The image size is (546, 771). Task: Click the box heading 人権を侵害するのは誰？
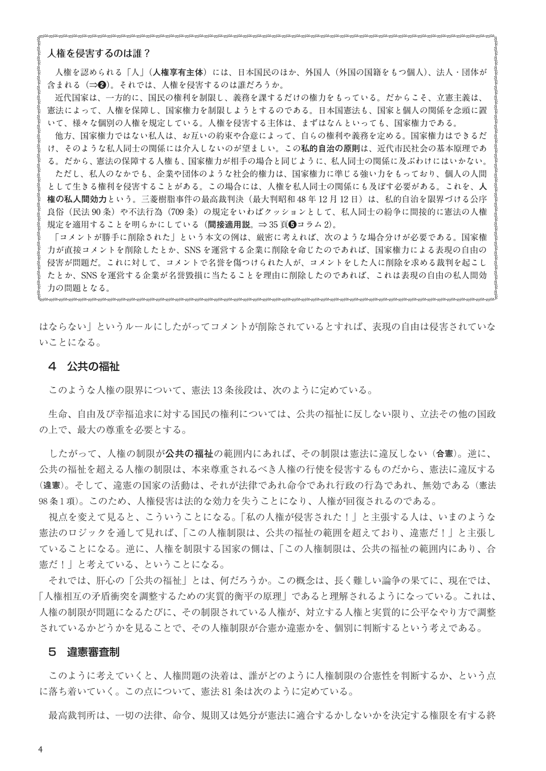coord(98,54)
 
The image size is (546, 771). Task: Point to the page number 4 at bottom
coord(40,749)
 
